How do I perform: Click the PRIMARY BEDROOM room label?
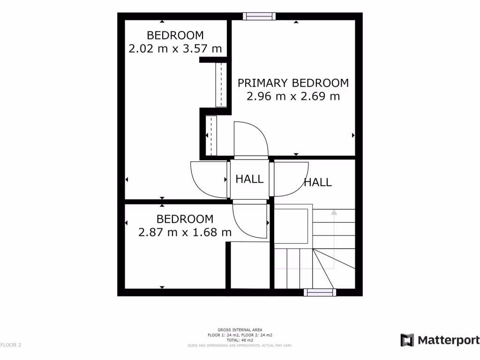pyautogui.click(x=293, y=83)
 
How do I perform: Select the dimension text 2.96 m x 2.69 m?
pyautogui.click(x=293, y=97)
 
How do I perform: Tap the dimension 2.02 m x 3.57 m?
pyautogui.click(x=175, y=48)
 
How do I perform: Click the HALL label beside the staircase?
pyautogui.click(x=318, y=182)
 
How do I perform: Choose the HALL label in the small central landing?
pyautogui.click(x=249, y=179)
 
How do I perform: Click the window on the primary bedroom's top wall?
pyautogui.click(x=259, y=16)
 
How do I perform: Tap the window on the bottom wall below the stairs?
pyautogui.click(x=320, y=292)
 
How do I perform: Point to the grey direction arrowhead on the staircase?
pyautogui.click(x=334, y=212)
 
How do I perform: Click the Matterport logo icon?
pyautogui.click(x=407, y=340)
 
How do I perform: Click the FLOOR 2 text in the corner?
pyautogui.click(x=11, y=345)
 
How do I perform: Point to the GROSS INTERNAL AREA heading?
pyautogui.click(x=240, y=330)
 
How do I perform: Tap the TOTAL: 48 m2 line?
pyautogui.click(x=240, y=340)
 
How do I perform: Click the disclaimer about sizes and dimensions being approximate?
pyautogui.click(x=240, y=345)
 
